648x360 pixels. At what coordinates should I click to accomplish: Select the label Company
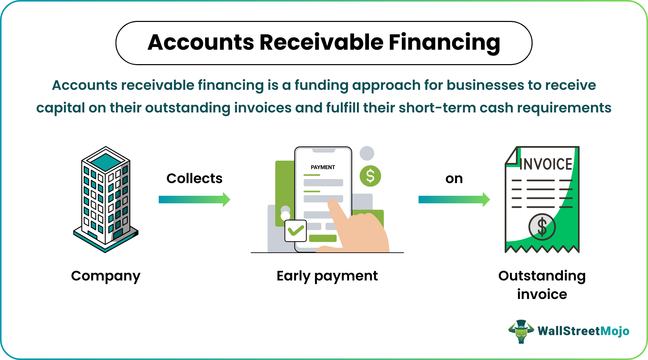pos(106,276)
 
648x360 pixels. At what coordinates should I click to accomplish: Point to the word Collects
pos(194,179)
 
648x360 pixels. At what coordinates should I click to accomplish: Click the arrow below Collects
pos(194,200)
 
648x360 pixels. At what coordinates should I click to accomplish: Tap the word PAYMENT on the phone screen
pos(323,167)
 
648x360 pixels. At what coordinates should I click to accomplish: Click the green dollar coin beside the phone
pos(370,176)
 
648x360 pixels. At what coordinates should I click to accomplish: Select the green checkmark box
pos(296,231)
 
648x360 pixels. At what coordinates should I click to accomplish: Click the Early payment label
pos(327,276)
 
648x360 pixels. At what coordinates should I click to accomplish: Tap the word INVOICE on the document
pos(546,164)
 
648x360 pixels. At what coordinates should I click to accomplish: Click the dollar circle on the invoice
pos(542,227)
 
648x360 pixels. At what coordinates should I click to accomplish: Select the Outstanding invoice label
pos(542,285)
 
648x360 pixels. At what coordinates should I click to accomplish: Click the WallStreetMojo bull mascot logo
pos(521,331)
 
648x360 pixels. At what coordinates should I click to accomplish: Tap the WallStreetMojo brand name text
pos(583,331)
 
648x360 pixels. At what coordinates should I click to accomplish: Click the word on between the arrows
pos(454,179)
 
